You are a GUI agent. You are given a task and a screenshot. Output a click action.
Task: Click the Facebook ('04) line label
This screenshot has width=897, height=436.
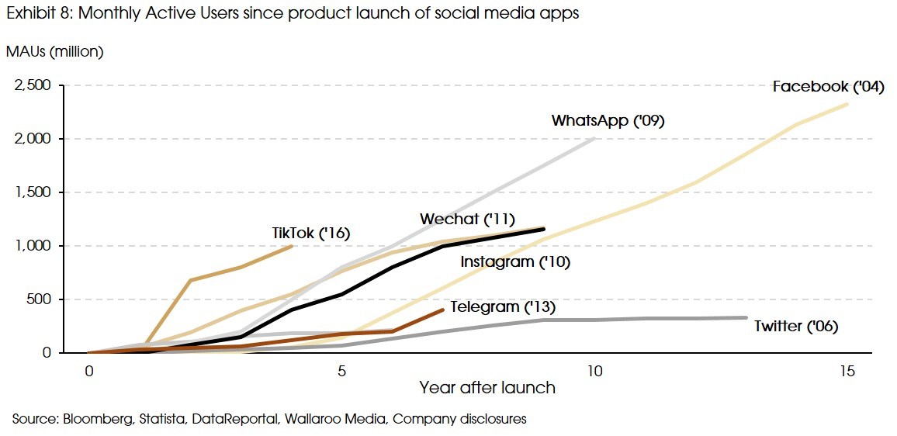[828, 87]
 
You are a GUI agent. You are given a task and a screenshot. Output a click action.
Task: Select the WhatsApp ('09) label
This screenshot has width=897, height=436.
[608, 121]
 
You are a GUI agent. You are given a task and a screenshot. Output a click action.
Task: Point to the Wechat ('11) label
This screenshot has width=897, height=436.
[467, 220]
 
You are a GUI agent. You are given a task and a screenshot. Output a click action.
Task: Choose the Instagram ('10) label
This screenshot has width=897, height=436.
[515, 262]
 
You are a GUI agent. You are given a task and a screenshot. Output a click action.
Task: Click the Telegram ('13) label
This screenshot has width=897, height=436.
[503, 307]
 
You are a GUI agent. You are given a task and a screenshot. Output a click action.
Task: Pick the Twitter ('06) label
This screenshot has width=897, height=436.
[796, 326]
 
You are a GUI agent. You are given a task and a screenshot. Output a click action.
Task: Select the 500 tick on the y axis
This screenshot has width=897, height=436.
[43, 299]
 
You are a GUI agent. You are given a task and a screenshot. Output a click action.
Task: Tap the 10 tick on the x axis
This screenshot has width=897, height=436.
[594, 372]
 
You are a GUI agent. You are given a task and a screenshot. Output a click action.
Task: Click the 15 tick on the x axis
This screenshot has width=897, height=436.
[847, 372]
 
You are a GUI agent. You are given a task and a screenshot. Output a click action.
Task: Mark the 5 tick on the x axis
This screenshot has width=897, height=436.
[341, 372]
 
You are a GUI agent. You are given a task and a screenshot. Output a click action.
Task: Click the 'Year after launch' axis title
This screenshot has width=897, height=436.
[487, 387]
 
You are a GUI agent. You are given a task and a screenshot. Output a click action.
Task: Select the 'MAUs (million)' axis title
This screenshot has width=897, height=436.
[54, 52]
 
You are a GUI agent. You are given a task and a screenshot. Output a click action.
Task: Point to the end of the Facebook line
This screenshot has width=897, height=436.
[847, 104]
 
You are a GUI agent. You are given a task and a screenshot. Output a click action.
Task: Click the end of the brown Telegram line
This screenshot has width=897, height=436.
[442, 310]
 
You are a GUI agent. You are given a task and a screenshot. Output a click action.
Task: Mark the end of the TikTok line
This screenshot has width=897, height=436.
[292, 246]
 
